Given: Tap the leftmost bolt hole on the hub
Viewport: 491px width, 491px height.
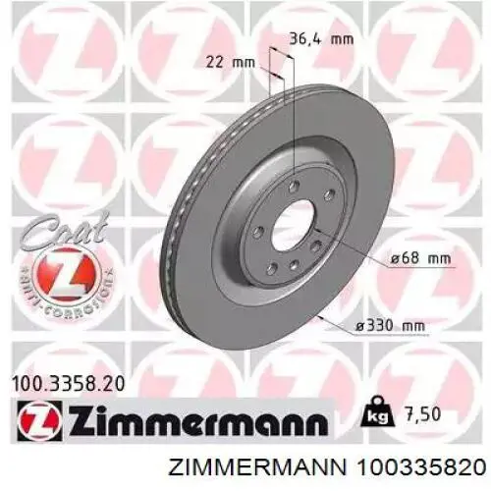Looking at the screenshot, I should click(256, 234).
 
